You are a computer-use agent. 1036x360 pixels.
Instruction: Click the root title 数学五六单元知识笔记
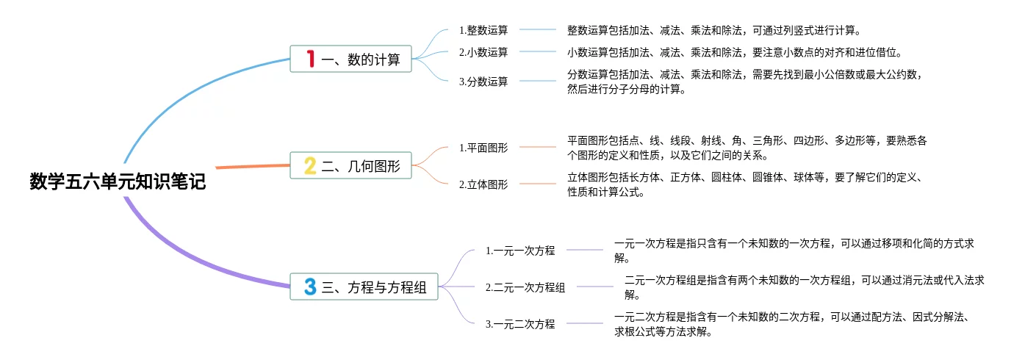click(x=118, y=181)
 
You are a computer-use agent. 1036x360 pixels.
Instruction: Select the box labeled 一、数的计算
click(x=350, y=59)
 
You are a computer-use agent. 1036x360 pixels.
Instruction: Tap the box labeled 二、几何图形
click(x=350, y=166)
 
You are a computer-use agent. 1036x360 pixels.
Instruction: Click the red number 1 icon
click(x=310, y=59)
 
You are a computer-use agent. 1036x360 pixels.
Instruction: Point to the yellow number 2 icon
click(x=310, y=166)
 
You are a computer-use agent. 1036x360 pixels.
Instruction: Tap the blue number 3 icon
click(x=310, y=287)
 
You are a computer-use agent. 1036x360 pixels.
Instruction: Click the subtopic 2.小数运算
click(x=483, y=52)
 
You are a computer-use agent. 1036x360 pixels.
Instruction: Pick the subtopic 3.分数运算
click(x=483, y=82)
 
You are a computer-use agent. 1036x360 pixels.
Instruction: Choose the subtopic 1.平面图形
click(x=483, y=148)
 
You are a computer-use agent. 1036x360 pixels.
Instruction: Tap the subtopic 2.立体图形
click(x=483, y=184)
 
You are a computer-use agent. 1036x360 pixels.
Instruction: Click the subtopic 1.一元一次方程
click(x=520, y=251)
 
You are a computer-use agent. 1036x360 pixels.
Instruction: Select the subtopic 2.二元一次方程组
click(x=525, y=287)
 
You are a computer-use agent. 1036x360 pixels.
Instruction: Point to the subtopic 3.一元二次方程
click(x=520, y=324)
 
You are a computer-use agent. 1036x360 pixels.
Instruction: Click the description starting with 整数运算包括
click(x=713, y=30)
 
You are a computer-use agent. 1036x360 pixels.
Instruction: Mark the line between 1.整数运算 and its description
click(x=540, y=30)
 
